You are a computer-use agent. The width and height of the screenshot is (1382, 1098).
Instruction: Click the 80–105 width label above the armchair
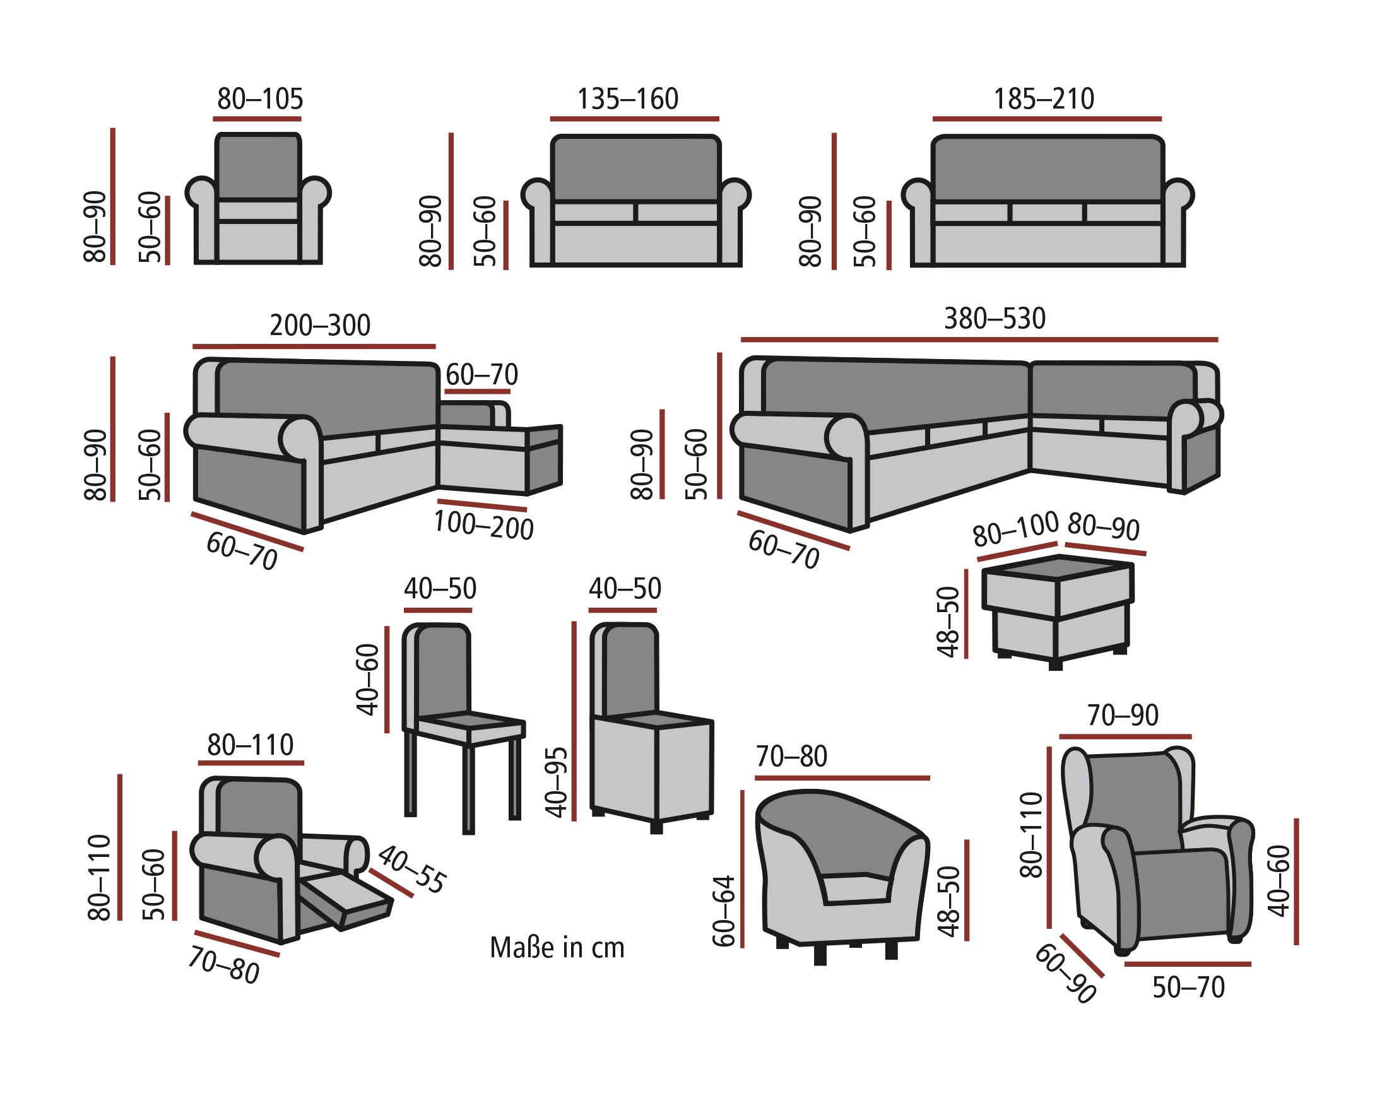pyautogui.click(x=259, y=99)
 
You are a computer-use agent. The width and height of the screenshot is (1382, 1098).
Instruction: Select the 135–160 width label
pyautogui.click(x=627, y=99)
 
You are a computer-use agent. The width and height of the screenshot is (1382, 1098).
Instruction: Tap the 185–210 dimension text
pyautogui.click(x=1044, y=99)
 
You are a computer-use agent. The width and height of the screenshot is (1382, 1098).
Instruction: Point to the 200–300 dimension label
pyautogui.click(x=320, y=326)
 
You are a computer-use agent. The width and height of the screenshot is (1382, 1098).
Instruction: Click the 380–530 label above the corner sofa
pyautogui.click(x=995, y=319)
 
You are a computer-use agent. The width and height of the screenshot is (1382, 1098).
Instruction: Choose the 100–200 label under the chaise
pyautogui.click(x=483, y=526)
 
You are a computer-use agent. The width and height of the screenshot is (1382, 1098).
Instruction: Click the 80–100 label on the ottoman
pyautogui.click(x=1015, y=529)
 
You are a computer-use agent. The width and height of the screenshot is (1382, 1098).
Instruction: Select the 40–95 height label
pyautogui.click(x=557, y=782)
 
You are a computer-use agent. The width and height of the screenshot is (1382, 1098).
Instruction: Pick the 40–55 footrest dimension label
pyautogui.click(x=411, y=869)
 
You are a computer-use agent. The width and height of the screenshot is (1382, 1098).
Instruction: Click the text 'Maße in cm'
pyautogui.click(x=557, y=948)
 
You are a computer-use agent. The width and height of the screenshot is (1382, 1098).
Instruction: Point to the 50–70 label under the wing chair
pyautogui.click(x=1188, y=988)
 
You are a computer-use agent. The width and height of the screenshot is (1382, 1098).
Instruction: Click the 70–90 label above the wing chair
pyautogui.click(x=1123, y=716)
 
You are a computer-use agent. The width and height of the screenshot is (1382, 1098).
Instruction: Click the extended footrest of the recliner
pyautogui.click(x=346, y=901)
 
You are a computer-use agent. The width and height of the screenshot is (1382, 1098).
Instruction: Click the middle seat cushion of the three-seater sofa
pyautogui.click(x=1048, y=212)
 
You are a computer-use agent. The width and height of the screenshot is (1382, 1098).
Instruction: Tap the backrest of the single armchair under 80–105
pyautogui.click(x=257, y=167)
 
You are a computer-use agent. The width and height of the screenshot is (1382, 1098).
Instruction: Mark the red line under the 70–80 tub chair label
pyautogui.click(x=842, y=778)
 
